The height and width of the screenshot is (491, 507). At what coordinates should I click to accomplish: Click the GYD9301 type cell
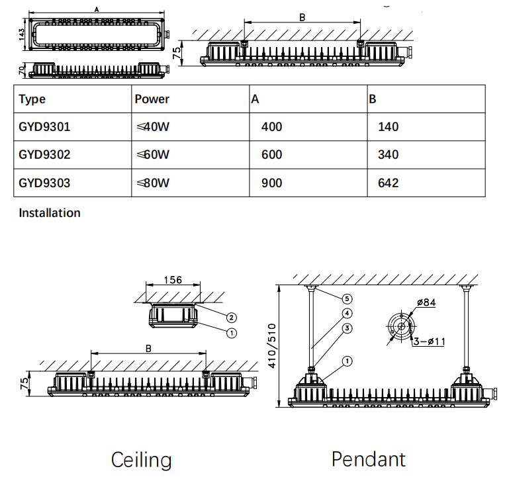click(44, 127)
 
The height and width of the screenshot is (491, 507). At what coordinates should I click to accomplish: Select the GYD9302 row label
click(44, 155)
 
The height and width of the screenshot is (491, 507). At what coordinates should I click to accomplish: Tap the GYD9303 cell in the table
click(44, 183)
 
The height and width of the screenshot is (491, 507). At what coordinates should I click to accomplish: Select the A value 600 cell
click(272, 155)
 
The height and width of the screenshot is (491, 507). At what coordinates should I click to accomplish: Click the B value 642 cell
click(388, 183)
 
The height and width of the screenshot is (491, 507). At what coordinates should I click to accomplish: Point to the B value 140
click(388, 127)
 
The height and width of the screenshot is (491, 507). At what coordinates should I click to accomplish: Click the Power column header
click(152, 99)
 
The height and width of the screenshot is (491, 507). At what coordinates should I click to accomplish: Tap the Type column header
click(32, 99)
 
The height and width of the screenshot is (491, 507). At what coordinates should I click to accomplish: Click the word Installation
click(50, 213)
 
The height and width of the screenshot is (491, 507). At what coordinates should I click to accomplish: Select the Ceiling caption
click(142, 460)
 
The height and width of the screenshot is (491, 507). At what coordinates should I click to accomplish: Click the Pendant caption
click(369, 459)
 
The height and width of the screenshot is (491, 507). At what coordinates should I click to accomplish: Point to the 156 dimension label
click(172, 280)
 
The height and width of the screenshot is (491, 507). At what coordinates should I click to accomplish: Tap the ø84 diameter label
click(426, 303)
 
